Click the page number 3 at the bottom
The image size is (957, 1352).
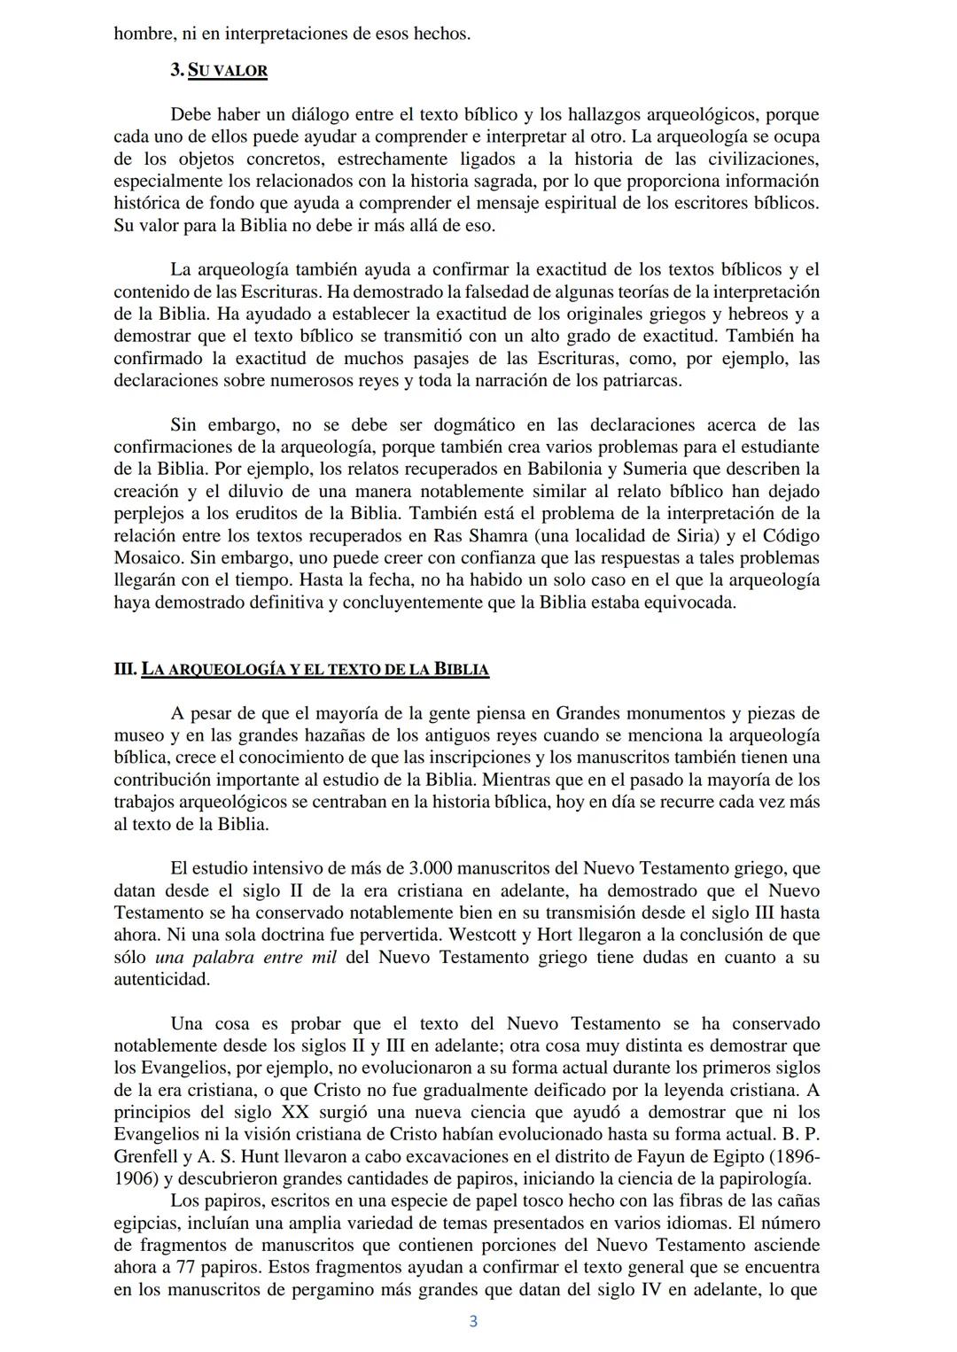point(473,1322)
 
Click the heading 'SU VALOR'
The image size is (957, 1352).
point(228,70)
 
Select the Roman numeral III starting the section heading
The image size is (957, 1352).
point(125,669)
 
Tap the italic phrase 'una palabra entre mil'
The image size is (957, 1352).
point(245,957)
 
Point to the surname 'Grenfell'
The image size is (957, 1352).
point(146,1156)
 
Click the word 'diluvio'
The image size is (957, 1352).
point(246,491)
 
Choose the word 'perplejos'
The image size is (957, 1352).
point(150,513)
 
